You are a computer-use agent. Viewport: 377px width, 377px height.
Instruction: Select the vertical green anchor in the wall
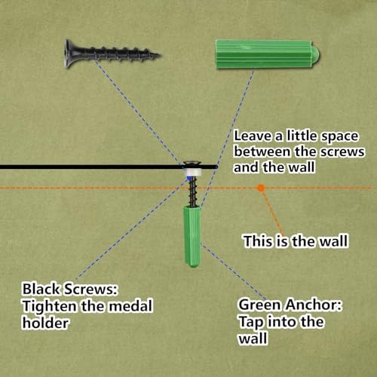coord(192,237)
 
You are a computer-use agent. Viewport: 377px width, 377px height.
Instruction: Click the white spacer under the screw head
coord(193,173)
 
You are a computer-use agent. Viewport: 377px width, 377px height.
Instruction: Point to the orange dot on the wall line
coord(261,188)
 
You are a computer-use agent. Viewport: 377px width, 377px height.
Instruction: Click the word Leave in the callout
coord(253,136)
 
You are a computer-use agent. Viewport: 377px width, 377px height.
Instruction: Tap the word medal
coord(131,305)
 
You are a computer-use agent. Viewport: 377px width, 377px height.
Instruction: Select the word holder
coord(45,323)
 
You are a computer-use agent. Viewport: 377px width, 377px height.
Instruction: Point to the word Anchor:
coord(314,305)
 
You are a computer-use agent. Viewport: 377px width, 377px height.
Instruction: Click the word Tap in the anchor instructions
coord(250,322)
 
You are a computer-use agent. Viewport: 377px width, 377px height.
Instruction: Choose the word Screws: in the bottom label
coord(90,289)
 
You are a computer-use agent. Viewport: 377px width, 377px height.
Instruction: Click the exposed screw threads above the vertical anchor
coord(193,192)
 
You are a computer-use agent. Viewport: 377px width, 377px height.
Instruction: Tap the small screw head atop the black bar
coord(192,163)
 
